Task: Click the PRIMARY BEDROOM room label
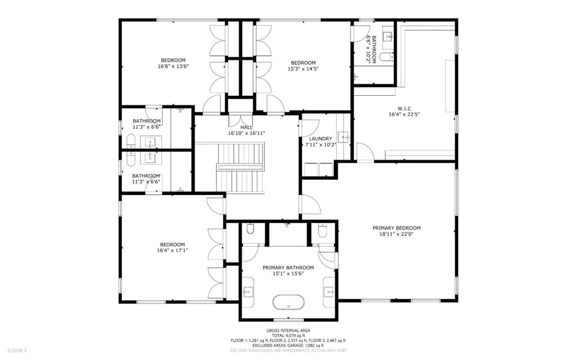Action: pos(396,228)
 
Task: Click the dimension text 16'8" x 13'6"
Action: pos(173,66)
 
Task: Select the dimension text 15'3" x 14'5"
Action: pos(303,69)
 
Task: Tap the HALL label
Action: pos(246,127)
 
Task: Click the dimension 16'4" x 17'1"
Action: pos(172,250)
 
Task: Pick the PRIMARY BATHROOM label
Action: pos(288,268)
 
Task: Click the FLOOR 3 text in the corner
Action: pos(16,350)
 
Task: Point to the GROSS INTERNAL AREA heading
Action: pos(288,331)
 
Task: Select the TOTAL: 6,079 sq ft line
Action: pos(288,336)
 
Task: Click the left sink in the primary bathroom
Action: pos(248,292)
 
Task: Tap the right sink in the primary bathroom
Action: pos(329,292)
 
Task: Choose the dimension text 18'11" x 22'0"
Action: pos(396,235)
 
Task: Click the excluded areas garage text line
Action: pos(288,345)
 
